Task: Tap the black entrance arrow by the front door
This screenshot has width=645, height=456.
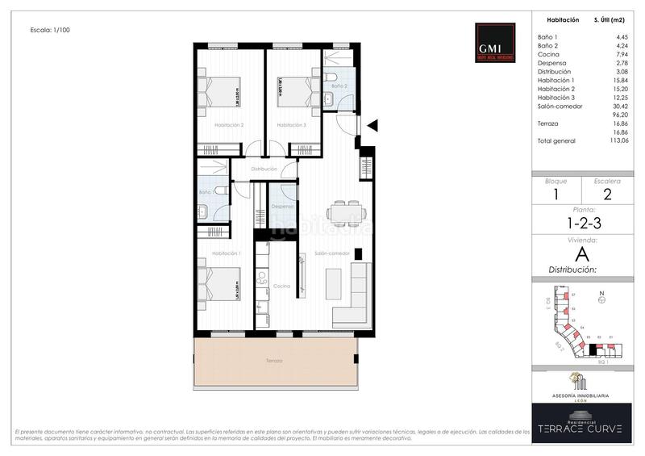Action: (x=372, y=125)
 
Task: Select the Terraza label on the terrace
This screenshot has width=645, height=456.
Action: (x=274, y=360)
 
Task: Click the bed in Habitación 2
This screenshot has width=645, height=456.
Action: (x=220, y=90)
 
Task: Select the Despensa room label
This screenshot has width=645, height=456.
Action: (x=282, y=207)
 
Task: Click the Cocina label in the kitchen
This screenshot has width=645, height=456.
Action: (x=281, y=286)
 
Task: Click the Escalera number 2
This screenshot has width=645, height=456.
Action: (x=607, y=194)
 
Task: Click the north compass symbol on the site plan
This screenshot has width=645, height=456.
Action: (x=601, y=299)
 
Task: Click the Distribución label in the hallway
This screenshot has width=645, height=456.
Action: (x=264, y=169)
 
